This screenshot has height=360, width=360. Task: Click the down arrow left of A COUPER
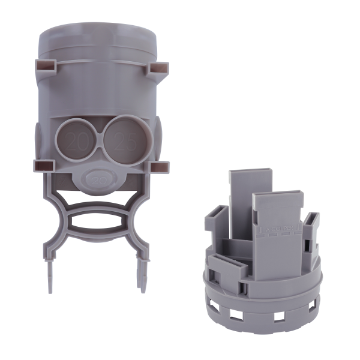tap(259, 229)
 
